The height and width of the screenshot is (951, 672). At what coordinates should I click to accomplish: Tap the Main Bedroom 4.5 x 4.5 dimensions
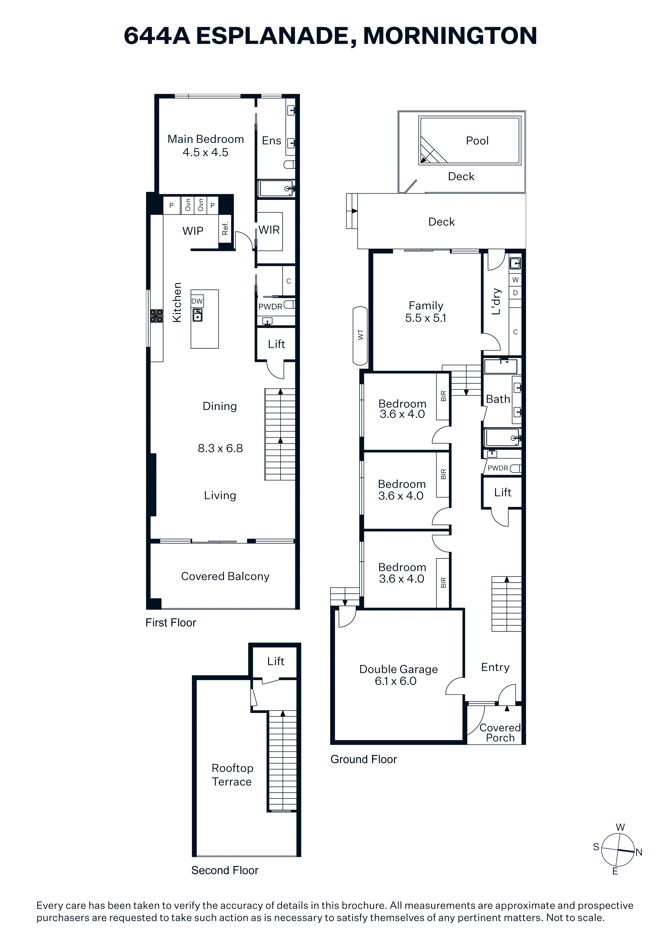(205, 152)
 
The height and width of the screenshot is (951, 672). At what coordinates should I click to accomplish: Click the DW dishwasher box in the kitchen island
(197, 301)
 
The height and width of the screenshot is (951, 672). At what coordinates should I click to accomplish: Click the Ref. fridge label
(225, 229)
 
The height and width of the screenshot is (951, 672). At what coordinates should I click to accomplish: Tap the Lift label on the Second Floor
(276, 661)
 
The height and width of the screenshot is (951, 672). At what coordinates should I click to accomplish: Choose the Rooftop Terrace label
(232, 775)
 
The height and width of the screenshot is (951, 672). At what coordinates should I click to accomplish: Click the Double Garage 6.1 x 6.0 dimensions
(396, 681)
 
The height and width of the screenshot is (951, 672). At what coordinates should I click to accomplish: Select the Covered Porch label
(500, 733)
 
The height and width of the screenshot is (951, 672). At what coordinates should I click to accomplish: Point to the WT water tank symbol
(360, 336)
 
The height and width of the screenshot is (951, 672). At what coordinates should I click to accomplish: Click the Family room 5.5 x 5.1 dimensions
(426, 318)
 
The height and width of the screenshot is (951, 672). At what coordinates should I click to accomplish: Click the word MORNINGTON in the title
(450, 36)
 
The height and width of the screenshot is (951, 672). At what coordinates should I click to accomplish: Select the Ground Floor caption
(364, 759)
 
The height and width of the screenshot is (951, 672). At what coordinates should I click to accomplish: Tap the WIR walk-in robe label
(269, 230)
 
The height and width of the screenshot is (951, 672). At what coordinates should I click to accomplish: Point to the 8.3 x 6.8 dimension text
(220, 448)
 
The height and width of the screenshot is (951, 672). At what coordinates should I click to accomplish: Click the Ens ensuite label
(272, 141)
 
